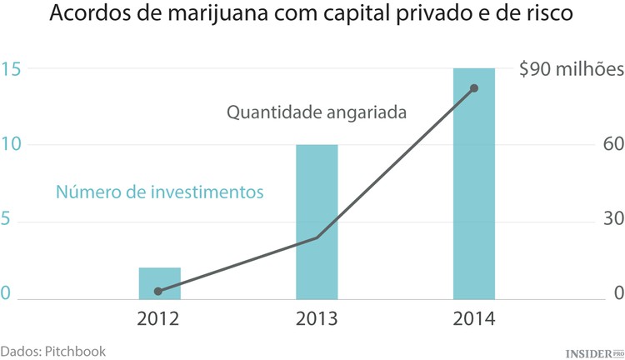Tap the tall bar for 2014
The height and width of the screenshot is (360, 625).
click(x=473, y=183)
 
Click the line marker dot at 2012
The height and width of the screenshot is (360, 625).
click(x=158, y=291)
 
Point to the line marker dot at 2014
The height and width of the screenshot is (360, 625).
click(x=474, y=88)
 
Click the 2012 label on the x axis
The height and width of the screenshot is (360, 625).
click(x=159, y=319)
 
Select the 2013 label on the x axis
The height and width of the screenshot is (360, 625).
click(x=317, y=319)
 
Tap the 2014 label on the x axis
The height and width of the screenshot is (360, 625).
click(x=474, y=319)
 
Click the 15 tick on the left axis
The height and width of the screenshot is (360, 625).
click(x=11, y=69)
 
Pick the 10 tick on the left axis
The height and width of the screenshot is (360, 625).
click(x=11, y=145)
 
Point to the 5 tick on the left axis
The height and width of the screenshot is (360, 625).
click(x=7, y=222)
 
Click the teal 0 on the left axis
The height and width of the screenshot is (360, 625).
click(x=7, y=293)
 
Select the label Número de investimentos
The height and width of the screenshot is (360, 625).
click(x=159, y=192)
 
